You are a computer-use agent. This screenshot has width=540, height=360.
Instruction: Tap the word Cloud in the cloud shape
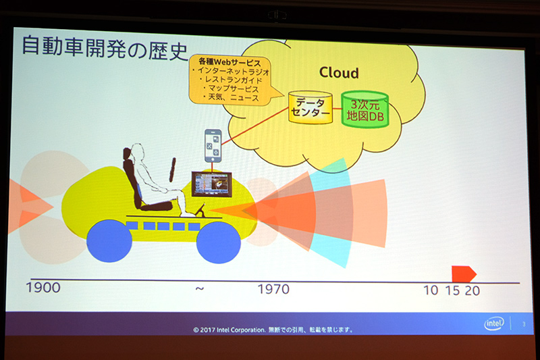(x=339, y=72)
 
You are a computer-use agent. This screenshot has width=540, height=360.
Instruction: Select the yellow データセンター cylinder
(x=310, y=107)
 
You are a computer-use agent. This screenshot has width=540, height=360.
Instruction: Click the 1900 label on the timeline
(x=43, y=288)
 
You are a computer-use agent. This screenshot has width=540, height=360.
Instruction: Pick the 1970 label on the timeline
(x=273, y=289)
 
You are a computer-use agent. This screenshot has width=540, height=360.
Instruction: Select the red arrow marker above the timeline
(x=464, y=273)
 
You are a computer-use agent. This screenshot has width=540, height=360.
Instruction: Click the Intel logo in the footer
(x=494, y=324)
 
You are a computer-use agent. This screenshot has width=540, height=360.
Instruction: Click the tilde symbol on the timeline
(x=198, y=288)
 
